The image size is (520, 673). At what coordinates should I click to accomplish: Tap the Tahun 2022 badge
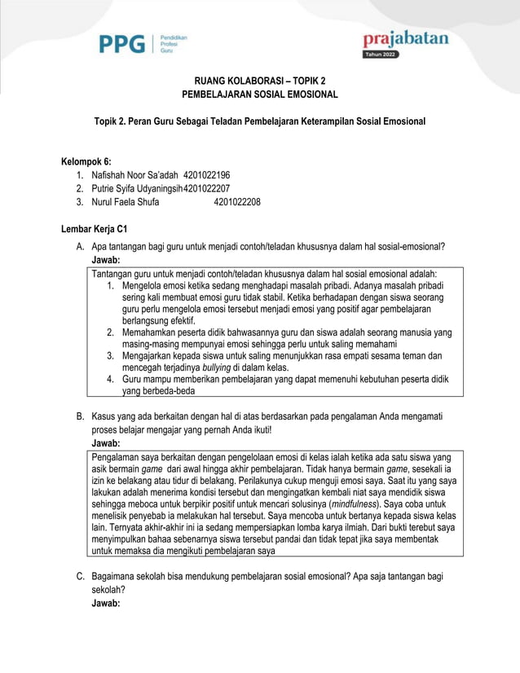click(x=382, y=55)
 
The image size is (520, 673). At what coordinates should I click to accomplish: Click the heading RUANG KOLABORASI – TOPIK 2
click(x=259, y=81)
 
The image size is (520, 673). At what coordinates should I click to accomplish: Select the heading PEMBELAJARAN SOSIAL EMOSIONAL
click(x=259, y=95)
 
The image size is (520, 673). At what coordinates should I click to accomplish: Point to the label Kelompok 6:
click(x=86, y=161)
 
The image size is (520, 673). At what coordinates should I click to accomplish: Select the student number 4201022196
click(x=207, y=175)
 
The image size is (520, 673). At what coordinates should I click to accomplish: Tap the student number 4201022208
click(x=237, y=202)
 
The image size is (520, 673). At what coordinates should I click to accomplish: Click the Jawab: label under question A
click(x=106, y=260)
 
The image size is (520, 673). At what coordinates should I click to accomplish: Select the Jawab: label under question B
click(x=106, y=443)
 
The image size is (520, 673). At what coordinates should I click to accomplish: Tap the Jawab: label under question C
click(x=106, y=603)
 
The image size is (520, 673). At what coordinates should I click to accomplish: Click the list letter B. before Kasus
click(x=81, y=416)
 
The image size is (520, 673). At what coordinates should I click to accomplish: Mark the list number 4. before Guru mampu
click(x=110, y=380)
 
